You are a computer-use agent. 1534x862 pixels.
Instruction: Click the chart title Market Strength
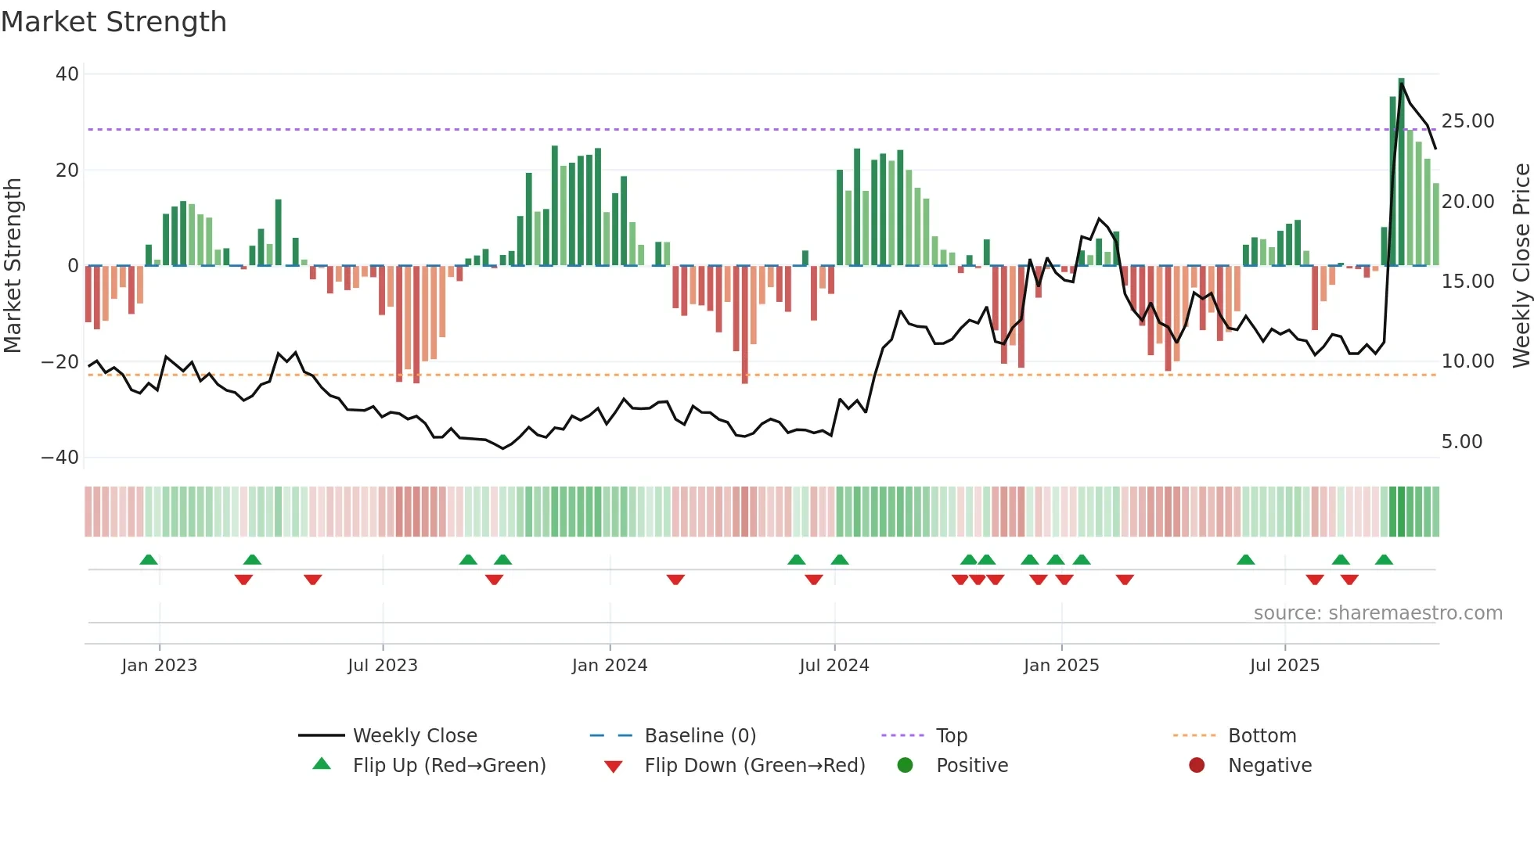click(113, 22)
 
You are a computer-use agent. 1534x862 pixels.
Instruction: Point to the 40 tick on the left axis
click(67, 74)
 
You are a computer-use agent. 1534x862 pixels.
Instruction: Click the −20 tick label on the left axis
click(59, 362)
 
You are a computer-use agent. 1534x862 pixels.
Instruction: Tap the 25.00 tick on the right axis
click(1467, 121)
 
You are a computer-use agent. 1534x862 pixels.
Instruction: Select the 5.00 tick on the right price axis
click(1461, 442)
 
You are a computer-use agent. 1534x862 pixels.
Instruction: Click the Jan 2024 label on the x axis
click(610, 666)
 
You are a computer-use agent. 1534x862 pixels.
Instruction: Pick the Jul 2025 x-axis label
click(1284, 666)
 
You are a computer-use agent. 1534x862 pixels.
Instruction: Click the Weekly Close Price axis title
click(1521, 266)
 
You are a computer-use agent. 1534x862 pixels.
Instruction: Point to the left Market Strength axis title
click(13, 266)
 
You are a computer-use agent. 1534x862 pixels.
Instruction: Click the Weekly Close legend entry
click(415, 736)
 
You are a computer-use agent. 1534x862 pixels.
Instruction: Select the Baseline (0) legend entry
click(700, 736)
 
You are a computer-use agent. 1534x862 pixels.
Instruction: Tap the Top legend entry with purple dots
click(952, 736)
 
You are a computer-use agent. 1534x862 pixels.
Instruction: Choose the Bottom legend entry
click(1262, 736)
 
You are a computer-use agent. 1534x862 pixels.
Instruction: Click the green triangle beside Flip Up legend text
click(322, 764)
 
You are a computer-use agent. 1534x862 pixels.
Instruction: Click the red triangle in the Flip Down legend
click(614, 767)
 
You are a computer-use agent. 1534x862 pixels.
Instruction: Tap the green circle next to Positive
click(906, 765)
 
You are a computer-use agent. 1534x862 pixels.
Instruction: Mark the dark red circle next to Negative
click(1197, 765)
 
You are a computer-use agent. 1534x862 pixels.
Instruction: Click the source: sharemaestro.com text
click(1377, 613)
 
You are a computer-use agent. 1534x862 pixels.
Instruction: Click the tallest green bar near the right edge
click(1401, 172)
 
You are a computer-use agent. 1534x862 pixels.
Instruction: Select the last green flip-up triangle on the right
click(1384, 560)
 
